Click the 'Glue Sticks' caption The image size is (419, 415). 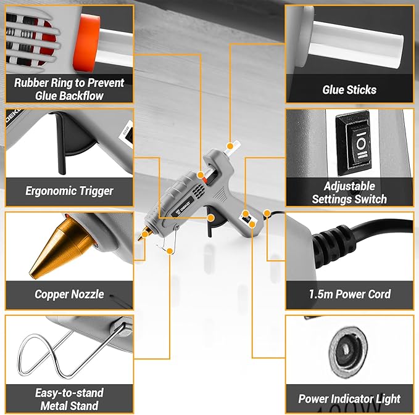[349, 90]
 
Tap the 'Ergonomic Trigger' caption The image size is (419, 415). [69, 191]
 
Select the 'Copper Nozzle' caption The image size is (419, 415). [69, 295]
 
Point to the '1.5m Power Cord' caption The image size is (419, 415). [349, 295]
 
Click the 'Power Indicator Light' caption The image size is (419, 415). [349, 399]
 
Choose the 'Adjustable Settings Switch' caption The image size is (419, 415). [349, 192]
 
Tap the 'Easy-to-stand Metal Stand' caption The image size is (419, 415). [69, 399]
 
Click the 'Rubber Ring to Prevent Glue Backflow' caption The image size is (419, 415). [69, 89]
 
